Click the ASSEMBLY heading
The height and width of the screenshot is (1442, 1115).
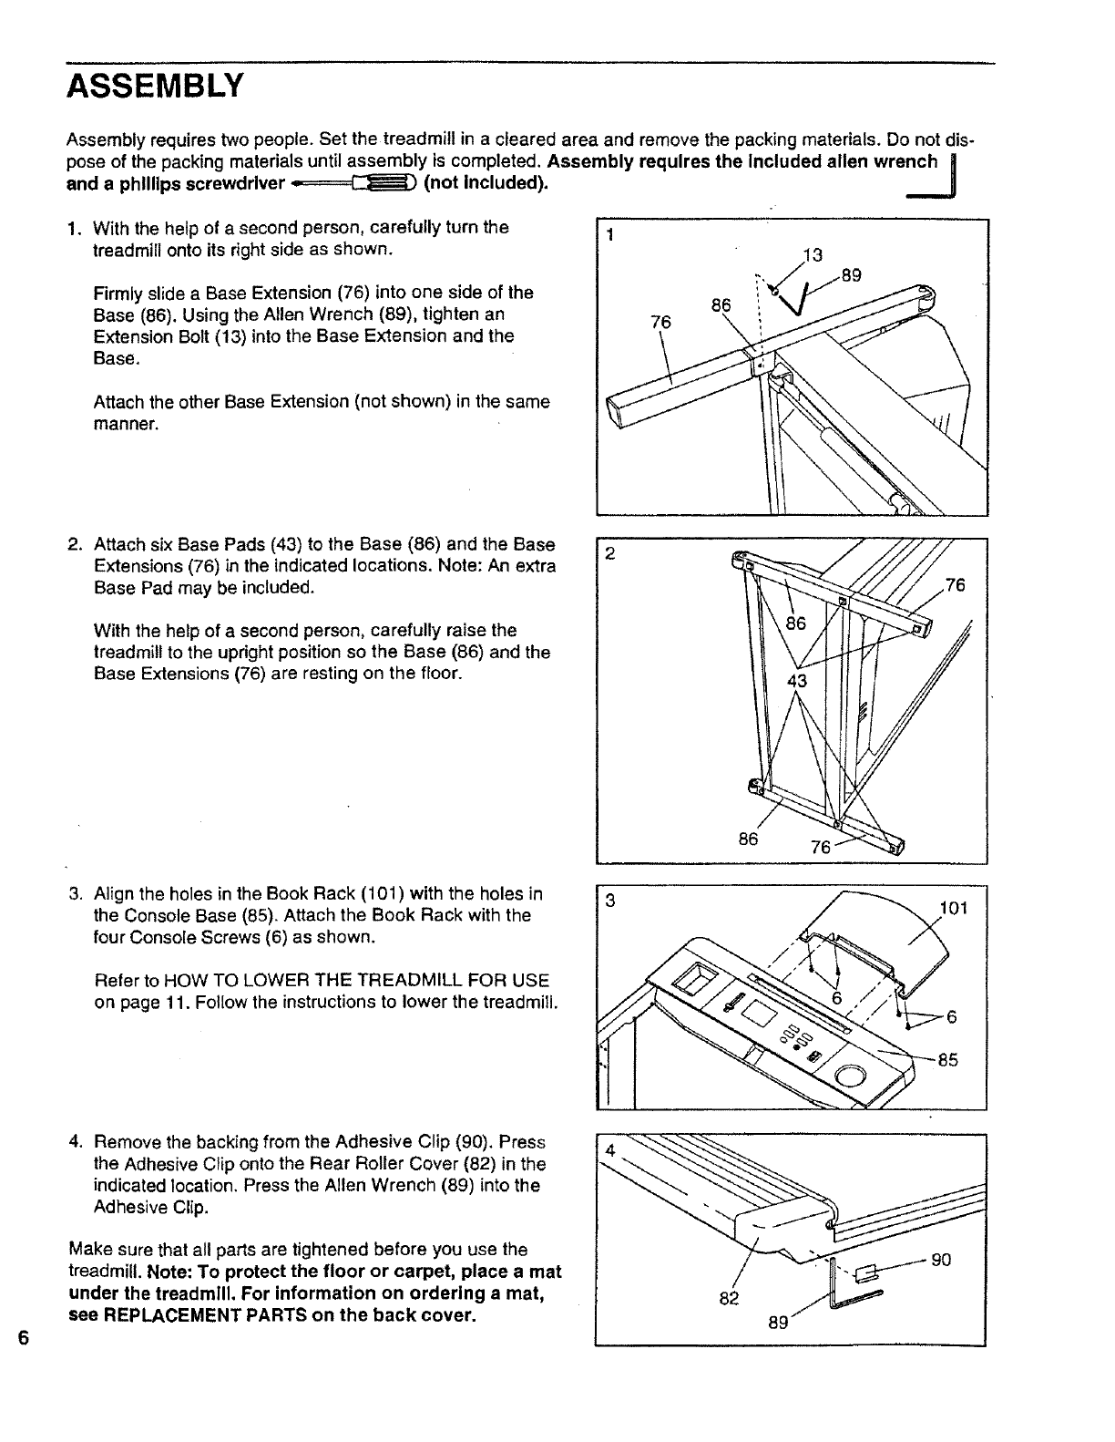point(156,86)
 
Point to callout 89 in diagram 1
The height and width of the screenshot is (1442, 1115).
point(851,274)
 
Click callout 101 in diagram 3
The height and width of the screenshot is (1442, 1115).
point(954,908)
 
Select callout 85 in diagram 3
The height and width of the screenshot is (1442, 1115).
point(947,1060)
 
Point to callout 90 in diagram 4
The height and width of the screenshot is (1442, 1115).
point(941,1260)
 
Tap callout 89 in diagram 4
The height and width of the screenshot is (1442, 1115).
point(777,1322)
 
